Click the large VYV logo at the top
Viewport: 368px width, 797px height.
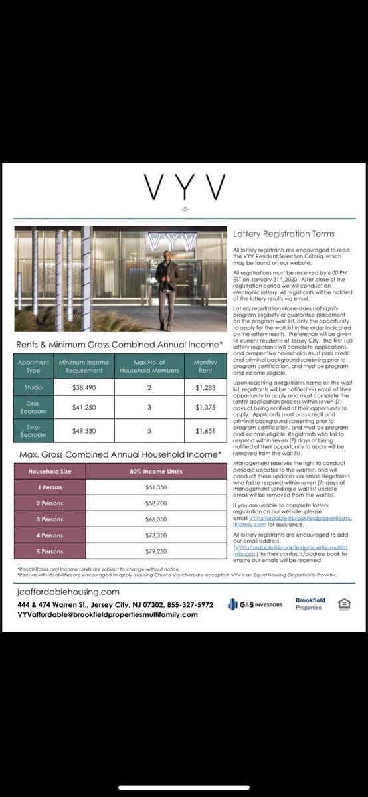point(184,189)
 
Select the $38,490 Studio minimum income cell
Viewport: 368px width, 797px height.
point(83,387)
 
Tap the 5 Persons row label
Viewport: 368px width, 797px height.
point(50,552)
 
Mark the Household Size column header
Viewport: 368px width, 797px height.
point(50,472)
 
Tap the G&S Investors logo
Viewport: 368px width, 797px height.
point(255,604)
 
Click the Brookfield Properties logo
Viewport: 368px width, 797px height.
point(308,604)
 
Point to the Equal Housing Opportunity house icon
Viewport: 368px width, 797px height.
point(344,603)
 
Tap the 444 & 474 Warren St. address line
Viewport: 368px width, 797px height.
point(116,605)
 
